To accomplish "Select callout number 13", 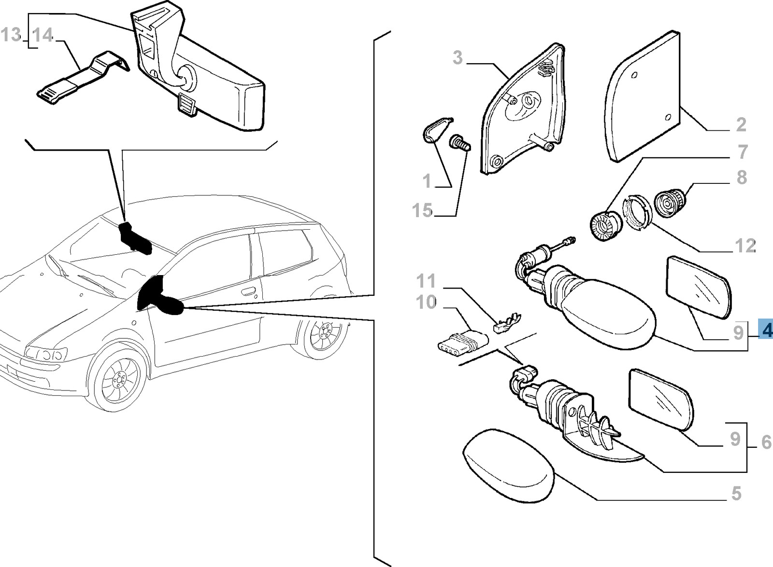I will [11, 35].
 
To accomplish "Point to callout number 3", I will [458, 58].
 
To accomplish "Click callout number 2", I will [741, 125].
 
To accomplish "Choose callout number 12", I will [744, 246].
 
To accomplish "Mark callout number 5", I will [736, 494].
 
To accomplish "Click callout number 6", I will [766, 442].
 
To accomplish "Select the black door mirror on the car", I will [159, 297].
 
